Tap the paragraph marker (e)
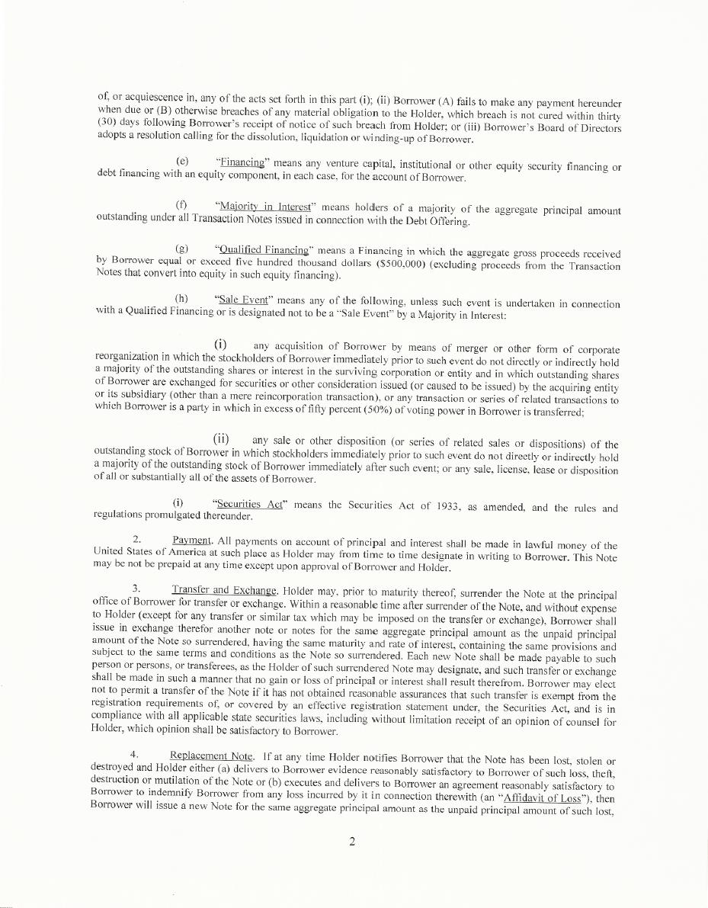pyautogui.click(x=181, y=162)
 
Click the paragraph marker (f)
pyautogui.click(x=181, y=205)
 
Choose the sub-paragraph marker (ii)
pyautogui.click(x=222, y=439)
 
